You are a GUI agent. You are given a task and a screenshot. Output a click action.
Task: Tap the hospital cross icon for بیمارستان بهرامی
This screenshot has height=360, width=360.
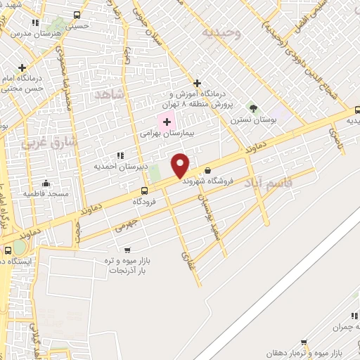coord(167,122)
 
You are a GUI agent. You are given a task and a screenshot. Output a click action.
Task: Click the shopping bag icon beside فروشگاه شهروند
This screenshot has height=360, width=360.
coord(207,170)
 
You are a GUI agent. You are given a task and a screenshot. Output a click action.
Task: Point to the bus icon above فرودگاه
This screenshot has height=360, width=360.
coord(145,191)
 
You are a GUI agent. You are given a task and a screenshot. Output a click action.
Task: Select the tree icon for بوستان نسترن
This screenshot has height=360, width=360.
coord(253,108)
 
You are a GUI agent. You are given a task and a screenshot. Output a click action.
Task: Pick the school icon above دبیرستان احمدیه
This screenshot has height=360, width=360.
coord(120,155)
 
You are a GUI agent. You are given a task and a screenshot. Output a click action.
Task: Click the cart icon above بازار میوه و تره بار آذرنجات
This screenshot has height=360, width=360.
coord(127,250)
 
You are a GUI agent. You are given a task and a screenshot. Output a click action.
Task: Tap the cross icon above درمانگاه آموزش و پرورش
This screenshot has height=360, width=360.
coord(198,82)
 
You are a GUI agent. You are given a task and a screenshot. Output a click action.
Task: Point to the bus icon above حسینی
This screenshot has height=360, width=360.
coord(77,15)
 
